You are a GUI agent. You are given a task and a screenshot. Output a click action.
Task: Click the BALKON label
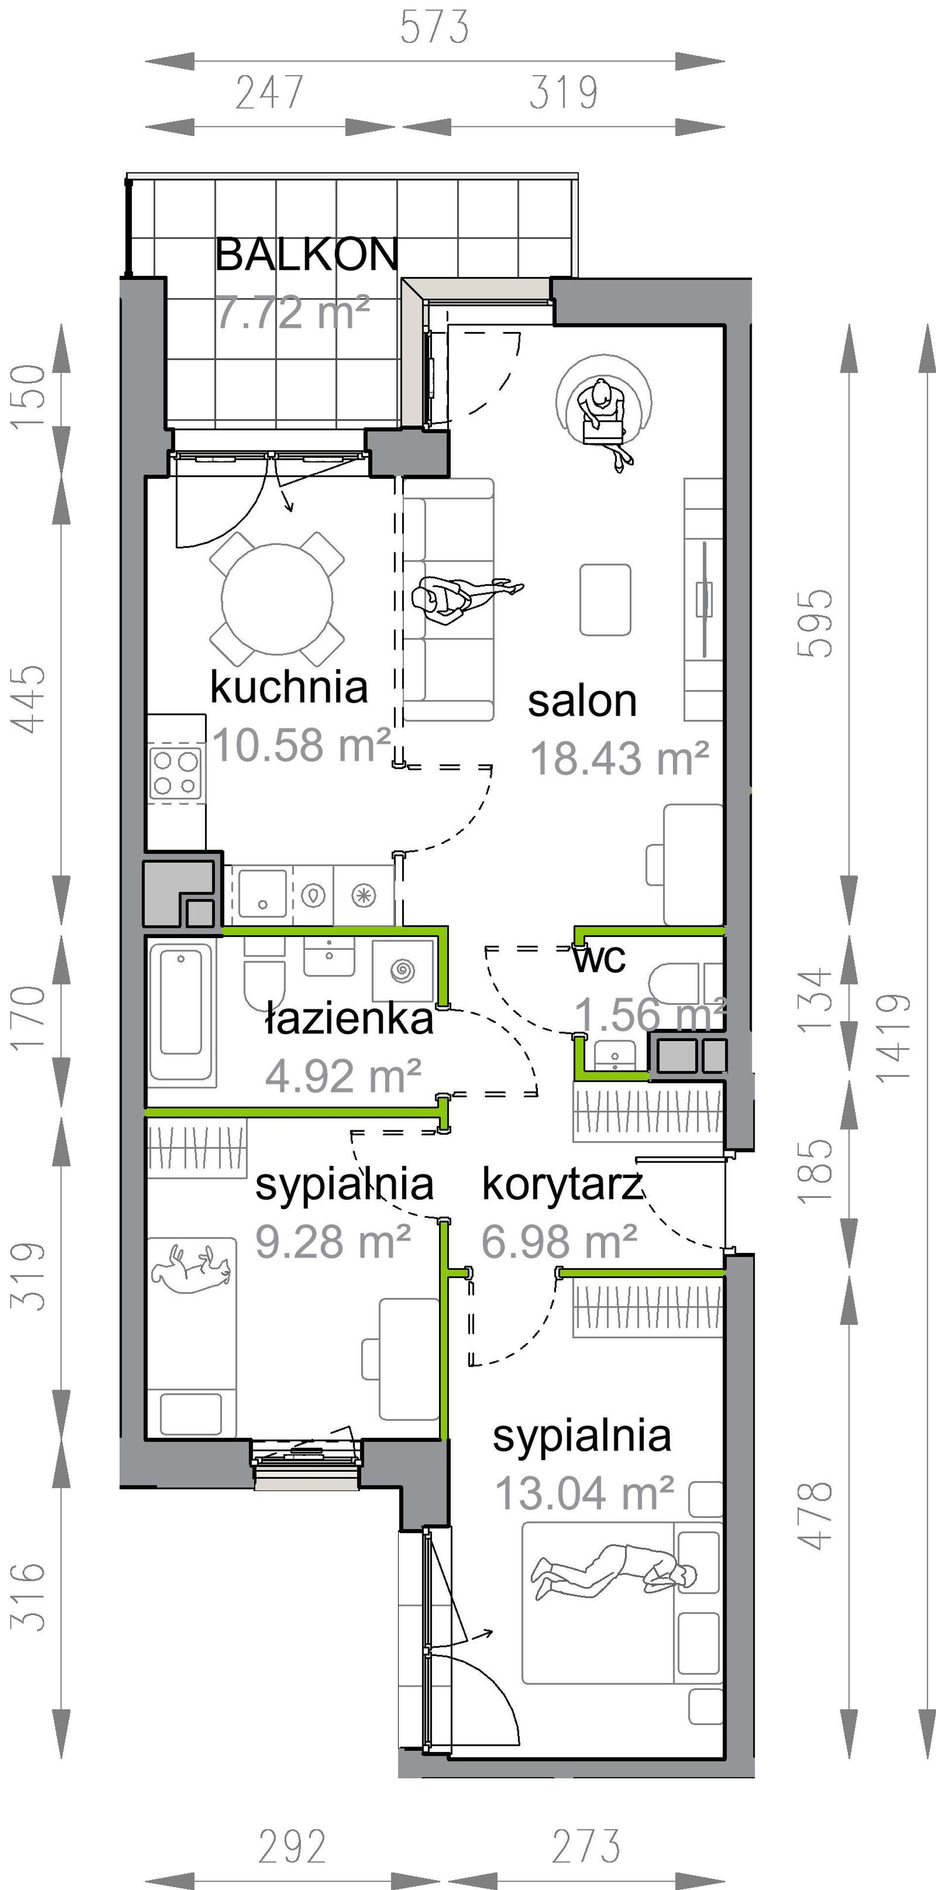tap(306, 255)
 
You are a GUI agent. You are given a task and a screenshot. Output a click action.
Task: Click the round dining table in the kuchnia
tap(277, 599)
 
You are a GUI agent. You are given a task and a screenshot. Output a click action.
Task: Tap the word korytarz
tap(562, 1185)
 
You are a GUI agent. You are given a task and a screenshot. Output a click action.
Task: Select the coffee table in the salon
tap(605, 600)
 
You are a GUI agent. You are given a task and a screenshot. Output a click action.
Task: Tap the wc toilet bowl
tap(674, 982)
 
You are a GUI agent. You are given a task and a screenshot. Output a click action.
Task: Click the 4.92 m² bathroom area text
tap(342, 1075)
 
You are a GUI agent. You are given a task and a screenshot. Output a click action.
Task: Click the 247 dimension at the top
tap(269, 93)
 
